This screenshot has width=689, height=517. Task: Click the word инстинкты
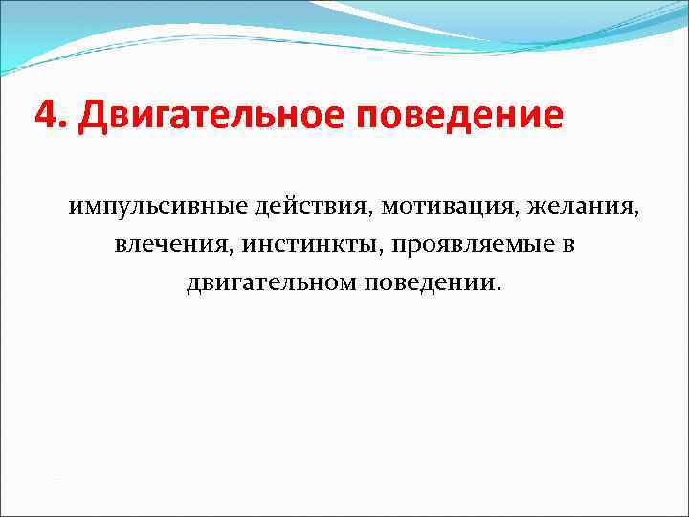click(x=309, y=245)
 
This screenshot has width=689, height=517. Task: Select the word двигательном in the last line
click(x=273, y=283)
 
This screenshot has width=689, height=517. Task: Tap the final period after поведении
click(x=496, y=289)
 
